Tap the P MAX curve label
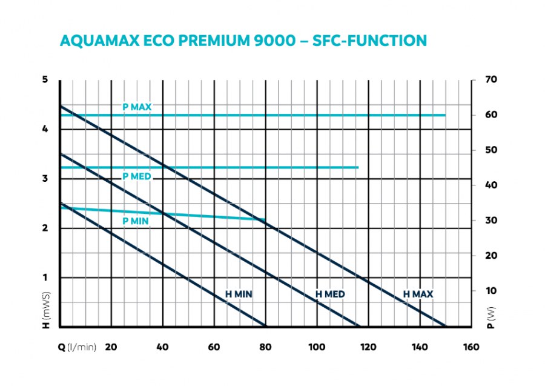click(x=136, y=107)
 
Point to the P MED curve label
click(x=136, y=176)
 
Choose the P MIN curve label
click(x=136, y=221)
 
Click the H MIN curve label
click(x=239, y=294)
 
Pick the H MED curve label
click(x=330, y=294)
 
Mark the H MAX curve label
click(x=418, y=294)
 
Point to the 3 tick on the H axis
click(x=45, y=179)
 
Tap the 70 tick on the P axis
click(x=491, y=79)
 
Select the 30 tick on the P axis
click(x=491, y=221)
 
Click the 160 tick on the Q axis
click(x=471, y=347)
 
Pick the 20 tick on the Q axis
click(x=111, y=347)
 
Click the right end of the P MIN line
click(x=265, y=220)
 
